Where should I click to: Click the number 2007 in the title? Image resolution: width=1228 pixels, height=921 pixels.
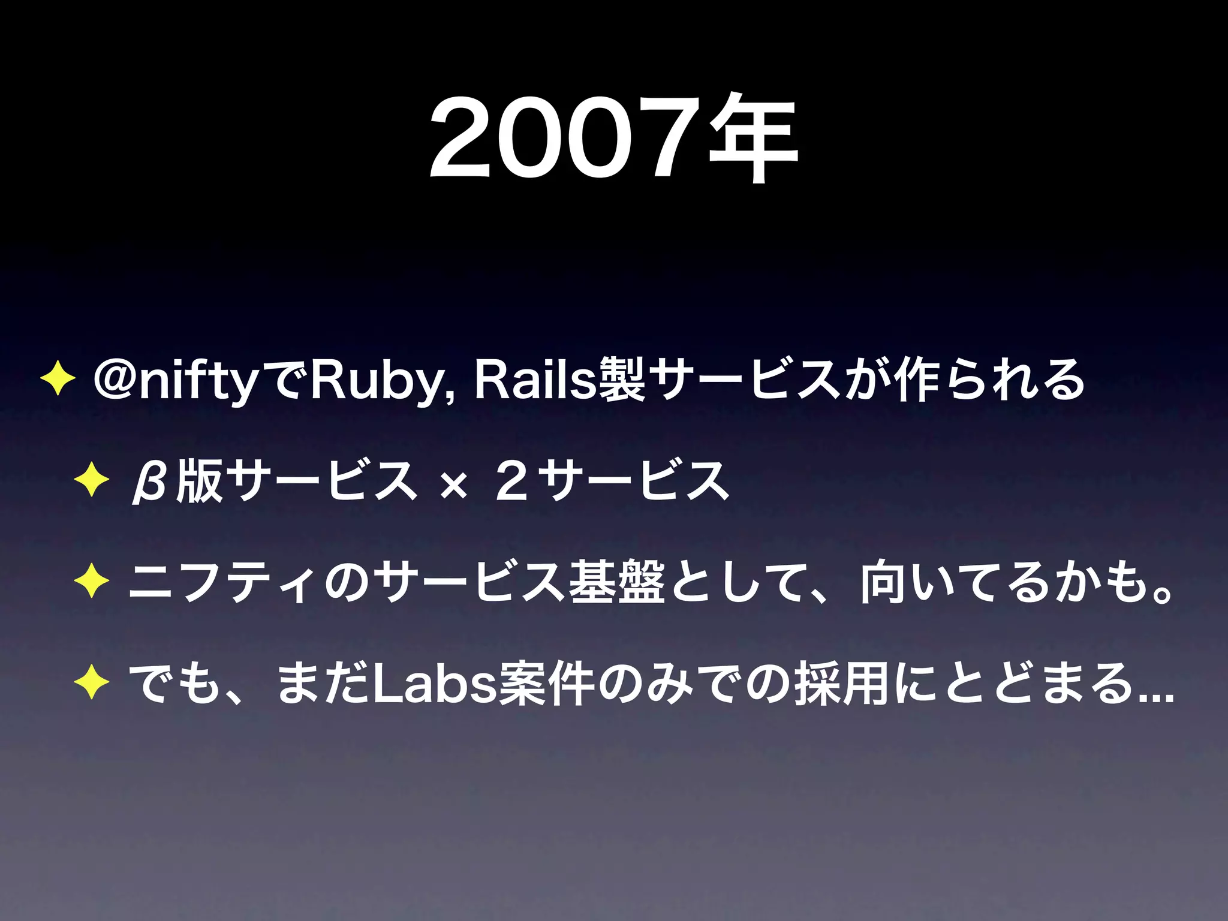click(567, 141)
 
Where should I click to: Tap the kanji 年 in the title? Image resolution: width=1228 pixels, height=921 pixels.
click(753, 141)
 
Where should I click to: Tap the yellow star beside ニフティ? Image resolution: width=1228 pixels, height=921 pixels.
click(91, 581)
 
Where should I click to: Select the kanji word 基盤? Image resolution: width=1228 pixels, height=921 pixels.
click(617, 582)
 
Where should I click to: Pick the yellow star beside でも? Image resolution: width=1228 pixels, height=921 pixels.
click(91, 683)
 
